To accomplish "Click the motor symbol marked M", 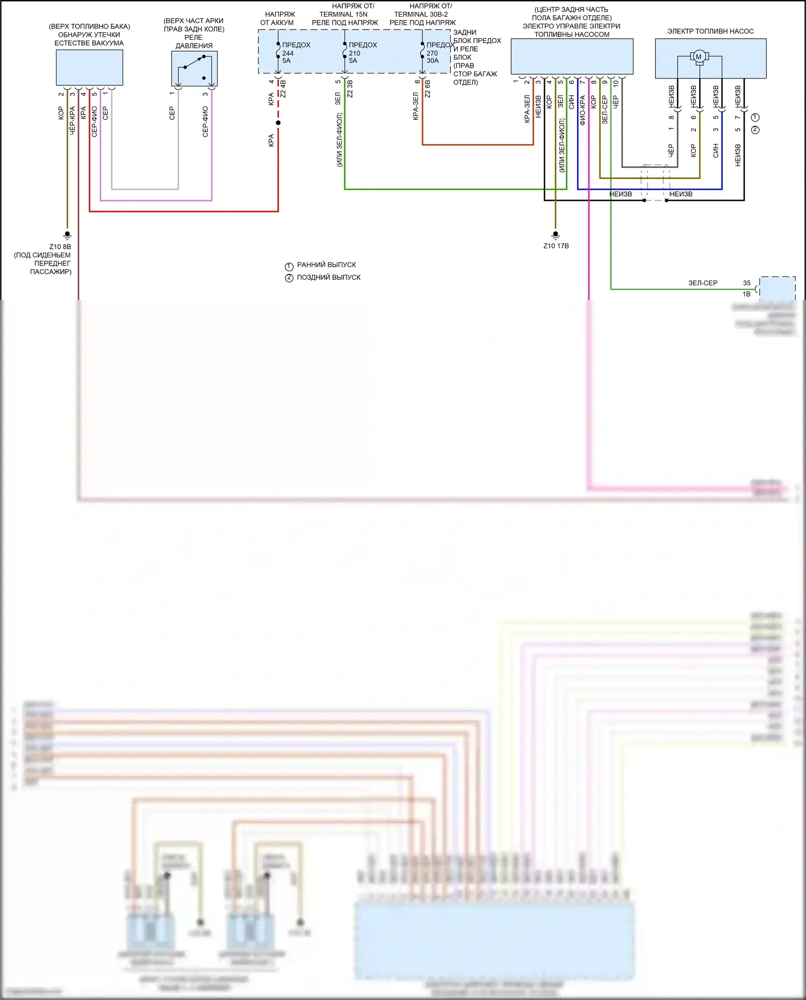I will [x=699, y=56].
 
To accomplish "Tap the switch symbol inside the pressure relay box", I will [x=194, y=64].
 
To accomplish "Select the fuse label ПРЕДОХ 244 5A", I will [x=296, y=53].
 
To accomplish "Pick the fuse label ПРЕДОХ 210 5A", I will [x=362, y=53].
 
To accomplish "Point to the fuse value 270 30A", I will [x=433, y=57].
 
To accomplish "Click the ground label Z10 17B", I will [x=556, y=246].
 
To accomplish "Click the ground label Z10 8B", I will [x=60, y=247].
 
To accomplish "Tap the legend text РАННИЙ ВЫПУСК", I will [x=326, y=265].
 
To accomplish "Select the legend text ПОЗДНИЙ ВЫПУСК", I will [x=328, y=277].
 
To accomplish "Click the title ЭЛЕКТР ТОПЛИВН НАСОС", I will [x=710, y=31].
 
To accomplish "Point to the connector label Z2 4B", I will [x=283, y=89].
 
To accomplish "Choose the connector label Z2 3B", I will [x=350, y=89].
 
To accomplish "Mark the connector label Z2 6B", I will [x=428, y=89].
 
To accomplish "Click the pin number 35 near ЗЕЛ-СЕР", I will [x=746, y=283].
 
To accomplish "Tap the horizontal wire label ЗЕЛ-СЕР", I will [x=703, y=283].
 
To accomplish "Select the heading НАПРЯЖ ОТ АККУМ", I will [x=278, y=18].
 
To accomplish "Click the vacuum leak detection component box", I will [x=90, y=67].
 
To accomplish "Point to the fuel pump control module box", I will [x=572, y=56].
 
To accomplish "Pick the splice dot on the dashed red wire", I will [x=278, y=123].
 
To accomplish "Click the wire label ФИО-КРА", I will [x=582, y=110].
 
